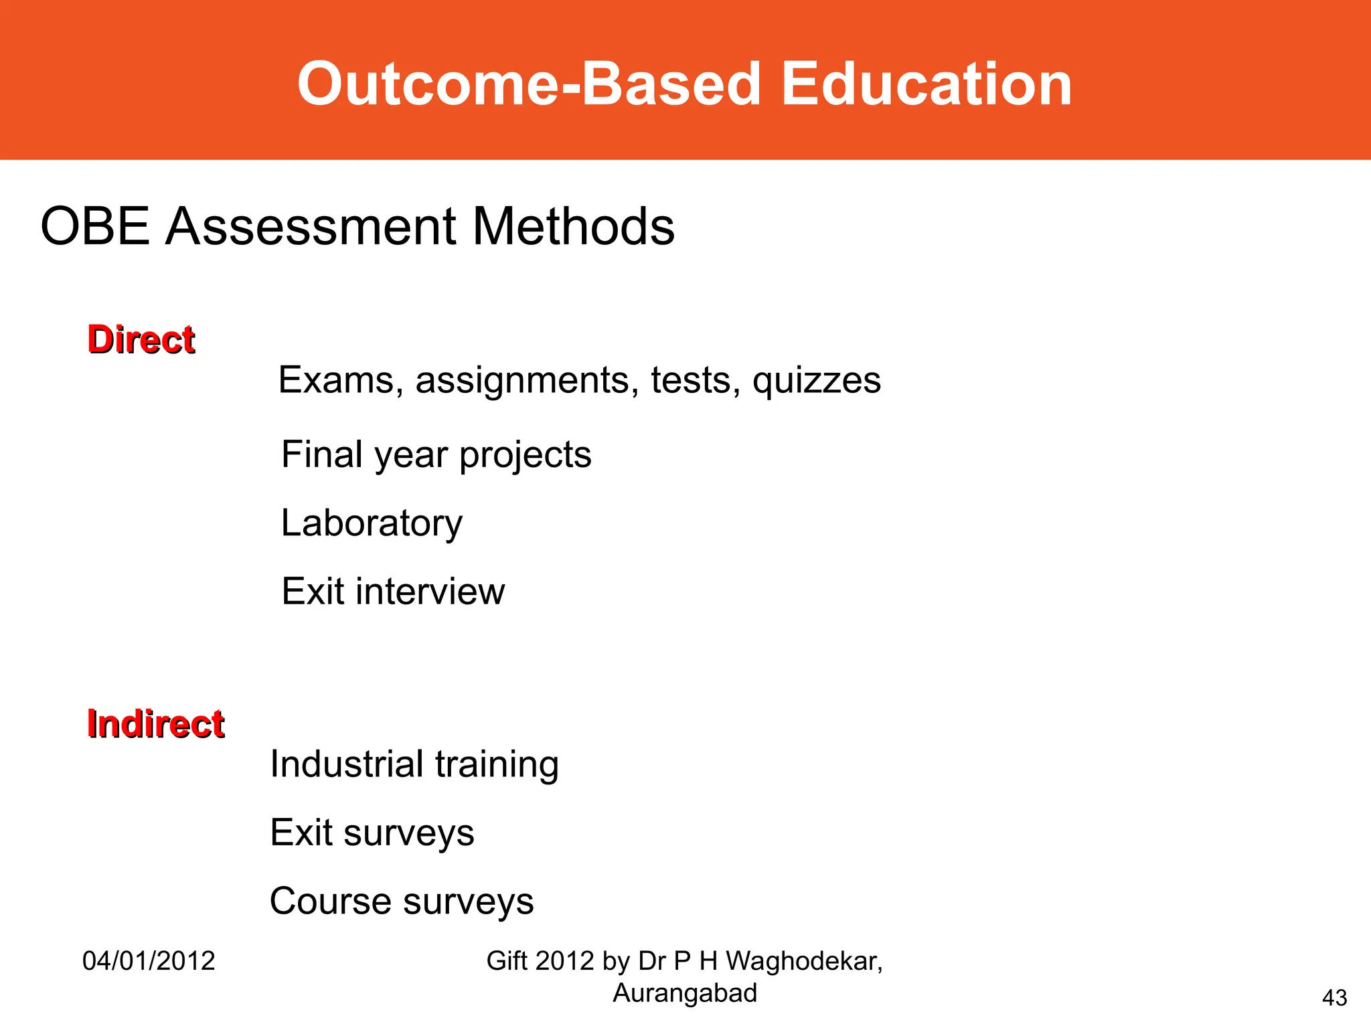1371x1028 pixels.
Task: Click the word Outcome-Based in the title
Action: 529,84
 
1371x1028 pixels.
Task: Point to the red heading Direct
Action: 141,339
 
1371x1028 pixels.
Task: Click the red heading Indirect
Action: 155,723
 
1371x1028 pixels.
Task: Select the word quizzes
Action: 816,381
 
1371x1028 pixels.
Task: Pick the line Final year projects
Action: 436,455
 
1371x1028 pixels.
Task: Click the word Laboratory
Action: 372,523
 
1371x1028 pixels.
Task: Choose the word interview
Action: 430,592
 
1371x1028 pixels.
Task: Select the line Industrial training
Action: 414,764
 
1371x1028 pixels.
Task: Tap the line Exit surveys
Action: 372,833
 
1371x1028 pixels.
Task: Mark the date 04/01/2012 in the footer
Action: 149,961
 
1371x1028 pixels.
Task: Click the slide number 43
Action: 1334,998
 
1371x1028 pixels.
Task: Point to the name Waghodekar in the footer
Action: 803,961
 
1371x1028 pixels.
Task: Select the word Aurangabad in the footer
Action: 684,993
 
